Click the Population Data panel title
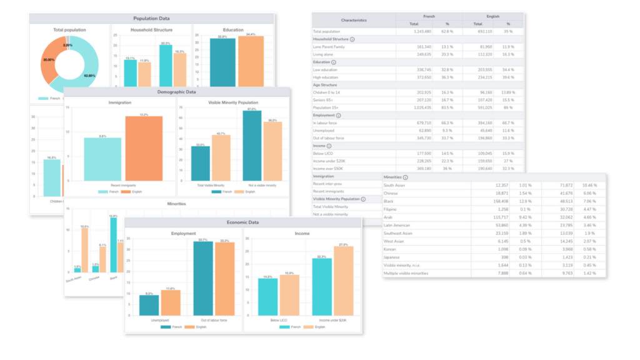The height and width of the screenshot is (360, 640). coord(151,19)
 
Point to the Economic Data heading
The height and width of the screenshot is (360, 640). coord(243,222)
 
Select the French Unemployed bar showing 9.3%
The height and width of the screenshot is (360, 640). coord(149,304)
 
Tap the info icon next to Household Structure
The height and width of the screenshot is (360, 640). coord(352,39)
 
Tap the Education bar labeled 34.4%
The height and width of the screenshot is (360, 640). coord(251,61)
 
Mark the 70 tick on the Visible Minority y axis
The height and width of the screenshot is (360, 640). coord(181,108)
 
